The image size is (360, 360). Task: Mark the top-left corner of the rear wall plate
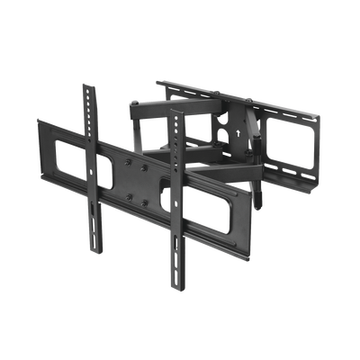click(159, 82)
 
